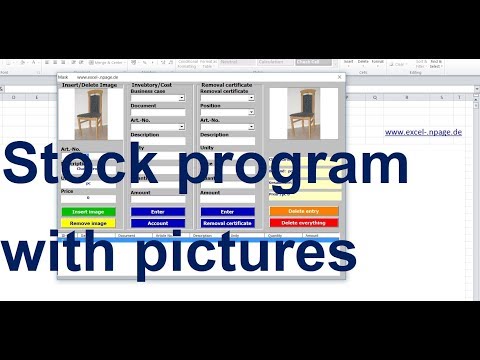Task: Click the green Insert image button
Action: tap(88, 212)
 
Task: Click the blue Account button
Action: tap(158, 223)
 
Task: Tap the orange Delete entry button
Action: tap(304, 212)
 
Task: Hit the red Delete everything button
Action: tap(304, 223)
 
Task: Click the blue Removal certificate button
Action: tap(227, 223)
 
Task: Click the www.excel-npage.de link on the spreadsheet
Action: tap(423, 132)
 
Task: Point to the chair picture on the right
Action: tap(304, 113)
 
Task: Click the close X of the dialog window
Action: tap(340, 77)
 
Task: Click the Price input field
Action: tap(88, 198)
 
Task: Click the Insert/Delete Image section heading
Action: tap(89, 85)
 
